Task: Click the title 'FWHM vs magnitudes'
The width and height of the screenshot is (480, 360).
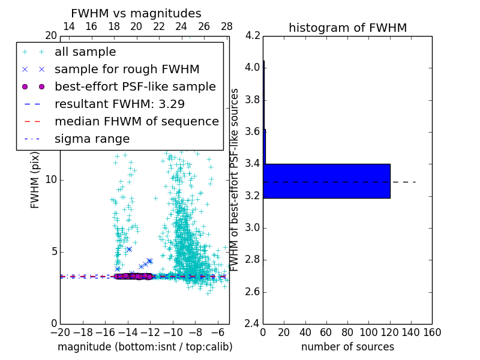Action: point(136,14)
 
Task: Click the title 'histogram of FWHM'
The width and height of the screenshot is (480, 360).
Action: point(347,28)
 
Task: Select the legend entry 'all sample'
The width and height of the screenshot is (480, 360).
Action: point(85,52)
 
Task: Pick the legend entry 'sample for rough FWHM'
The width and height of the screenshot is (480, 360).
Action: point(127,69)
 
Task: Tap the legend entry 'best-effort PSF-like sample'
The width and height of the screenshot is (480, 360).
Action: point(135,86)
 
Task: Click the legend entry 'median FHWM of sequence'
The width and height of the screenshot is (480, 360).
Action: point(136,121)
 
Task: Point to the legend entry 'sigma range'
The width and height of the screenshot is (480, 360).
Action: point(92,139)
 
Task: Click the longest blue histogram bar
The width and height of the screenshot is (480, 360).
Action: point(326,181)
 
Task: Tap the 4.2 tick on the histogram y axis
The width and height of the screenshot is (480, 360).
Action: point(253,35)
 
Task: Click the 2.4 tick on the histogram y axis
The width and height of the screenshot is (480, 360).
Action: point(253,324)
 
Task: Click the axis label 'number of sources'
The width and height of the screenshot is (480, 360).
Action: point(347,347)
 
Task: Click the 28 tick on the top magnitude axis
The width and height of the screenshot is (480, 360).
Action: point(227,26)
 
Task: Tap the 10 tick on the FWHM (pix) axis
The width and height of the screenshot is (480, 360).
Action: point(52,180)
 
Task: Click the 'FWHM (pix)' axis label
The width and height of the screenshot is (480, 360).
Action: point(35,180)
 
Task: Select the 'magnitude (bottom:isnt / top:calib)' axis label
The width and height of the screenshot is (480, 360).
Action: point(145,347)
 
